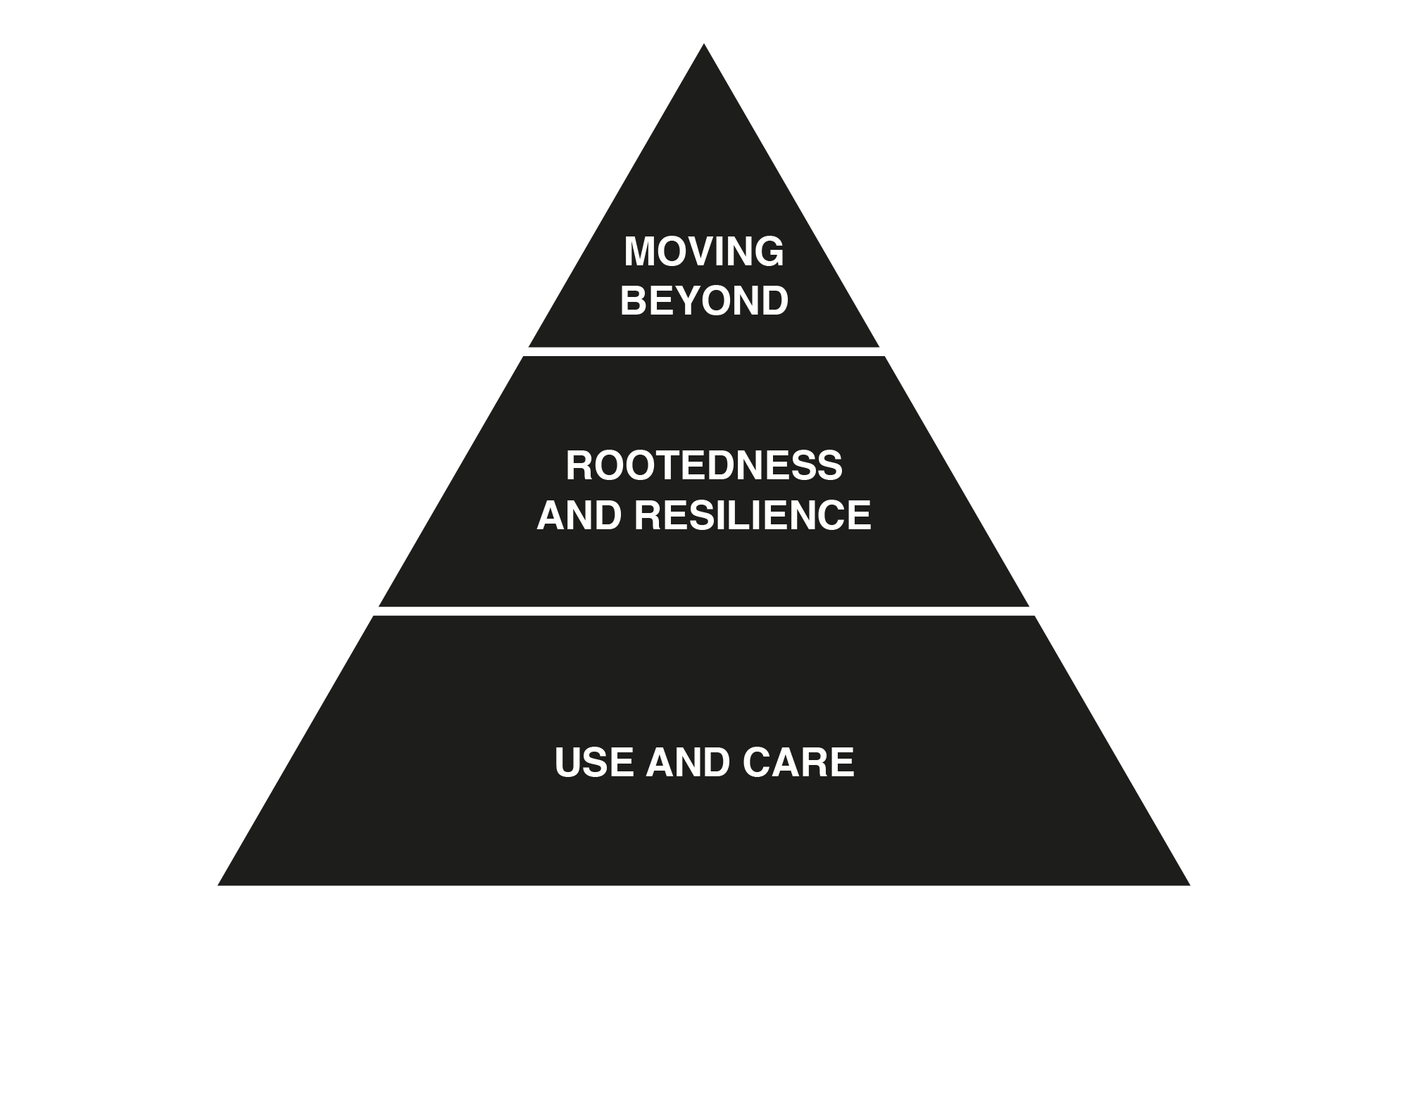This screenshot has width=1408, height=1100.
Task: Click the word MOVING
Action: (703, 252)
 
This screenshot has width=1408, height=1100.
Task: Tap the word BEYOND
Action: (703, 301)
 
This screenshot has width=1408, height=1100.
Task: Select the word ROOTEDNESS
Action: (703, 466)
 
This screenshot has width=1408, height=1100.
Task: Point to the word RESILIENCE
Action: (752, 515)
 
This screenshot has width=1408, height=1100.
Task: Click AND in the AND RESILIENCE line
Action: (579, 515)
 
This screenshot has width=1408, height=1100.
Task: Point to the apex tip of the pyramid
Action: (703, 46)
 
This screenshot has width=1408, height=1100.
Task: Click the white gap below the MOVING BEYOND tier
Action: (703, 352)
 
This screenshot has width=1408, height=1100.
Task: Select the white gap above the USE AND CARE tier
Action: (703, 611)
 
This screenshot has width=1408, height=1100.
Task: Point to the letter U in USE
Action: (569, 763)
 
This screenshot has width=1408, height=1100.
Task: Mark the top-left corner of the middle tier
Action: (524, 358)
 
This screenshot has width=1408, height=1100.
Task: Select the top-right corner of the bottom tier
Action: (1033, 617)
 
